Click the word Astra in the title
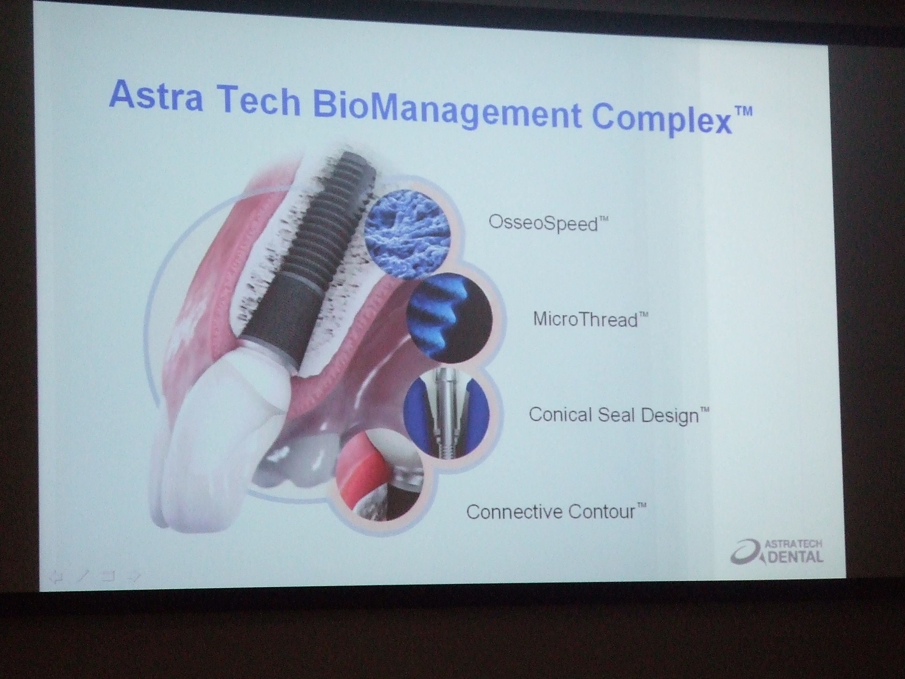(x=157, y=98)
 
